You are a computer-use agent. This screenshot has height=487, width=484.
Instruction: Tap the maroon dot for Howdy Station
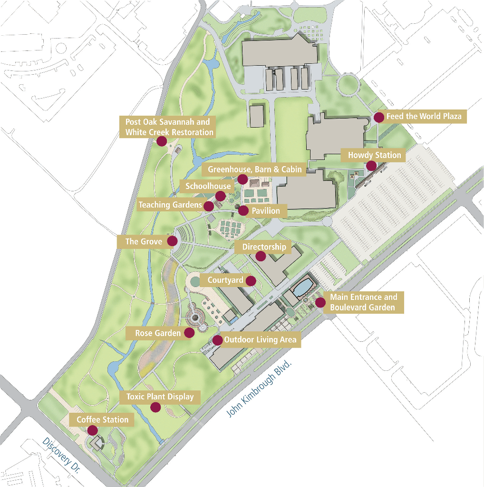point(371,166)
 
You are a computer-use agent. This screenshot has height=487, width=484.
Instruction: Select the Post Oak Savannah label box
point(167,127)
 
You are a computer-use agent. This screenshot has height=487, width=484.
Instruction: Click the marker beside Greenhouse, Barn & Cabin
point(242,179)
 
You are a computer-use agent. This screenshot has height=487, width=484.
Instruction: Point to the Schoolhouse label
point(208,186)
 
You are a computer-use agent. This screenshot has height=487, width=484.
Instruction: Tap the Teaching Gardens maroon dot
point(208,206)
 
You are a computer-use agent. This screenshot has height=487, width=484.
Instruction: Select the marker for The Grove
point(172,241)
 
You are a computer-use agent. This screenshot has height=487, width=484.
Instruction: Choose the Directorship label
point(264,247)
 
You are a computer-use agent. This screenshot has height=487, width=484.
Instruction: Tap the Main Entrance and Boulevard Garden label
point(363,302)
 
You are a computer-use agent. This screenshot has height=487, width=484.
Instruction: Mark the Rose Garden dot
point(189,333)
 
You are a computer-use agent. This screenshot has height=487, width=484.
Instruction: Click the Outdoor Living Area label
point(260,339)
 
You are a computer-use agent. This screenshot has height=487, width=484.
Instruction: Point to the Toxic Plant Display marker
point(155,407)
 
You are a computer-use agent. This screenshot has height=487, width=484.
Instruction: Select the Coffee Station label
point(102,419)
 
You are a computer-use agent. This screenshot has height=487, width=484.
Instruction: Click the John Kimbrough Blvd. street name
point(259,388)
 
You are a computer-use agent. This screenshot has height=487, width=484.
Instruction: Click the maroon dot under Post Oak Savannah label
point(161,141)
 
